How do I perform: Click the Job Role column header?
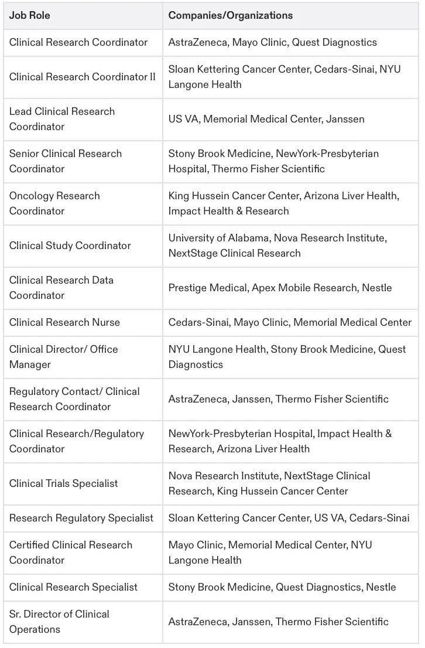click(x=30, y=16)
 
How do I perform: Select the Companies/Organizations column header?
click(x=231, y=16)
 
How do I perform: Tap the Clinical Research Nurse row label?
click(x=64, y=322)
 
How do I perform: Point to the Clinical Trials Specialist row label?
click(x=64, y=483)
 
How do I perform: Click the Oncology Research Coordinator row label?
click(x=54, y=203)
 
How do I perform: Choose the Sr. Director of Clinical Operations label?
click(x=59, y=622)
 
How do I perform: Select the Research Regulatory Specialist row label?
click(x=81, y=518)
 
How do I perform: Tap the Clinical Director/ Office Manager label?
click(x=63, y=357)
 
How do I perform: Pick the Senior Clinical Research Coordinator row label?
click(x=66, y=161)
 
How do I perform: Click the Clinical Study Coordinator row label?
click(x=70, y=245)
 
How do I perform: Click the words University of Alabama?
click(x=212, y=238)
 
